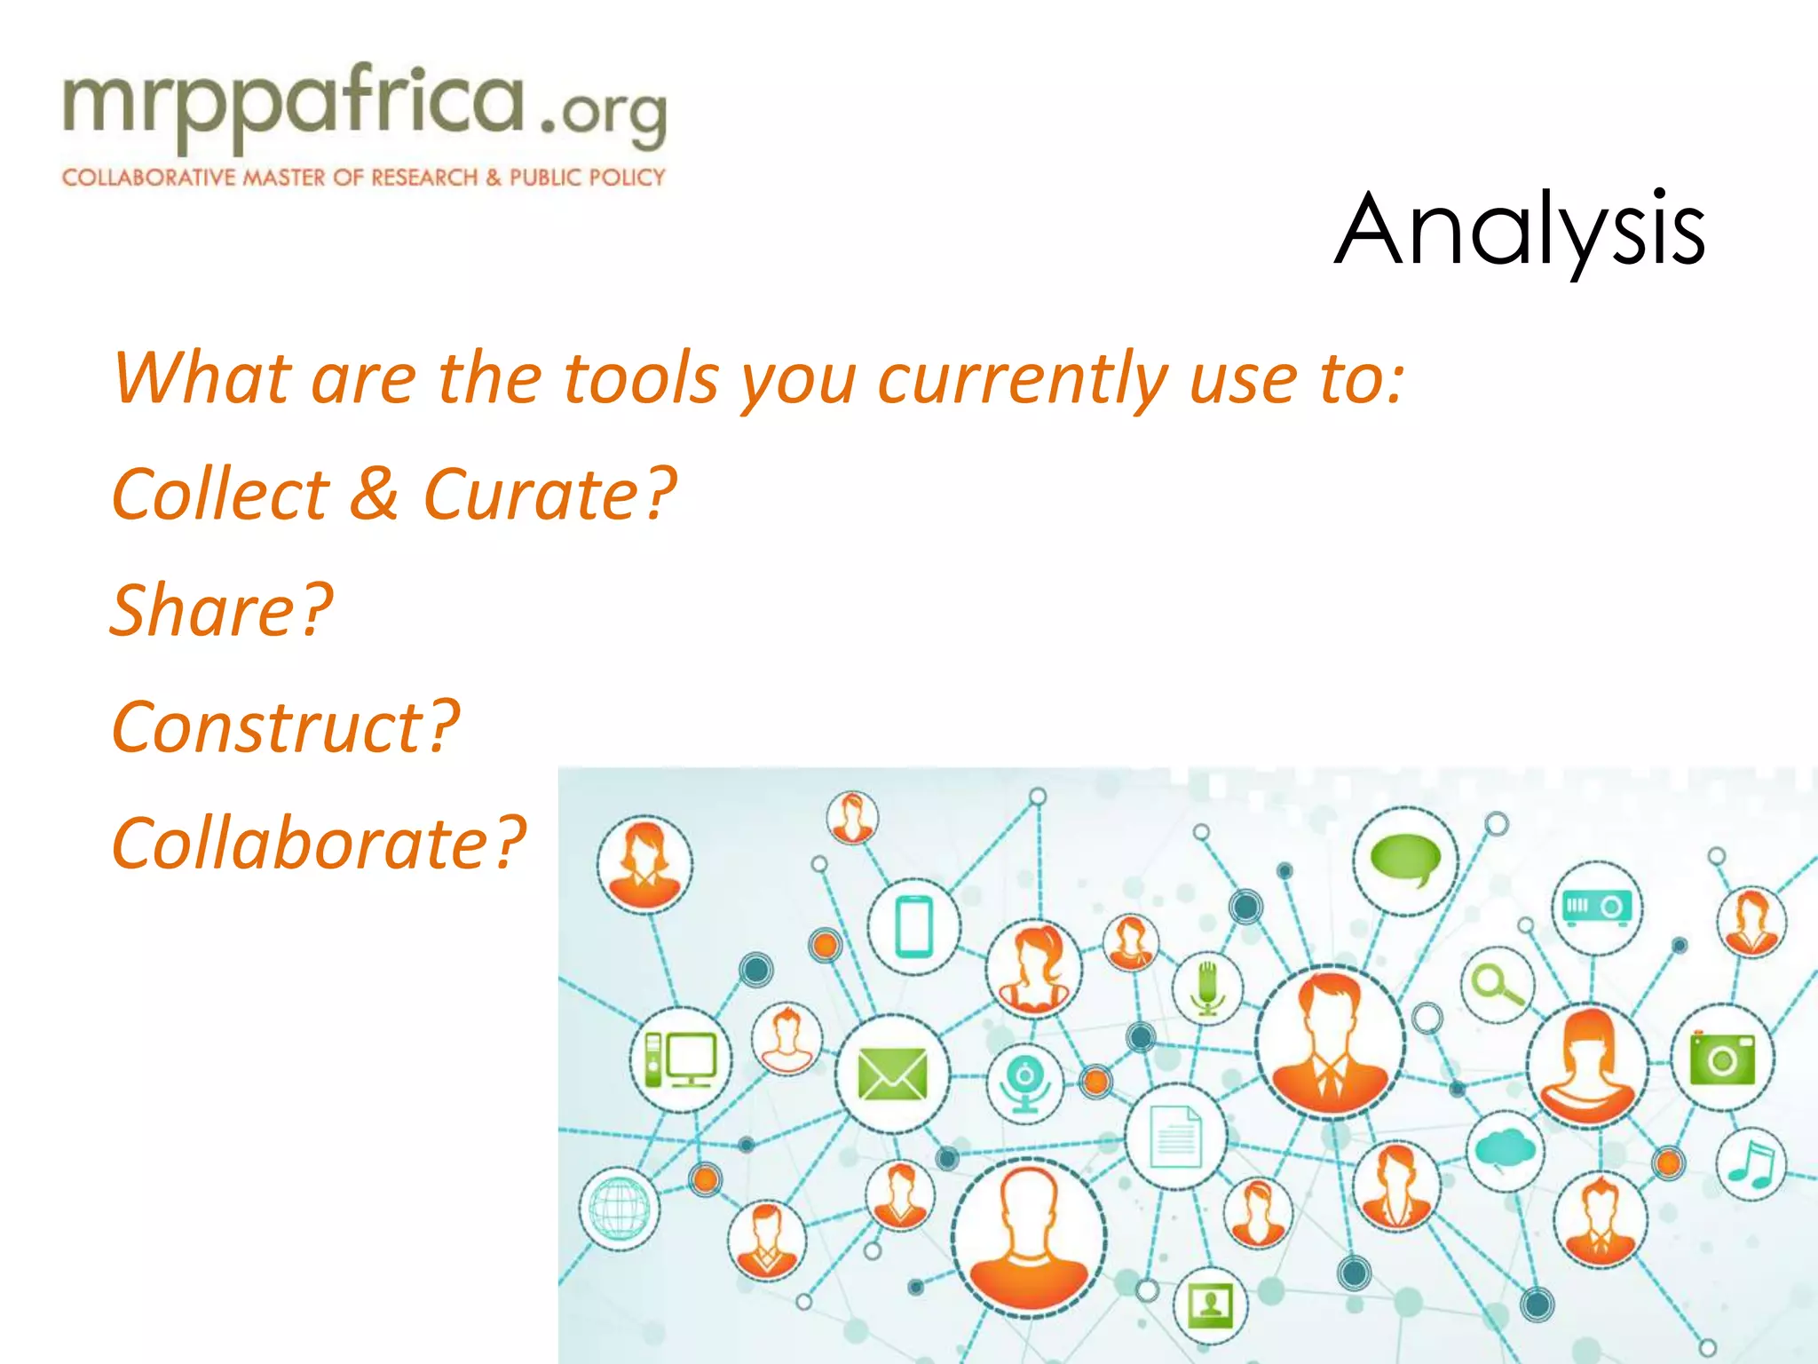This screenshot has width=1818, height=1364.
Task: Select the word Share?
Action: click(221, 610)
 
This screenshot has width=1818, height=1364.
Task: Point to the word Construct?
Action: click(285, 726)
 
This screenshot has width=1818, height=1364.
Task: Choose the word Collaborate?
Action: click(319, 843)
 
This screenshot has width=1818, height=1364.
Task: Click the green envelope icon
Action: click(892, 1074)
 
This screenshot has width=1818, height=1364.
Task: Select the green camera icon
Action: click(1722, 1058)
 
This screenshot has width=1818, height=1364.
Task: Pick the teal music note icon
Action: click(1751, 1164)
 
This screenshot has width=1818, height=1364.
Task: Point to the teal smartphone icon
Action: click(913, 926)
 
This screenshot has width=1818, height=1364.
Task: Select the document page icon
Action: click(1176, 1137)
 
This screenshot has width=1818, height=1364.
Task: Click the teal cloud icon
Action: click(1505, 1150)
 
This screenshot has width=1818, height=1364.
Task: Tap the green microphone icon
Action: click(1207, 987)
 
